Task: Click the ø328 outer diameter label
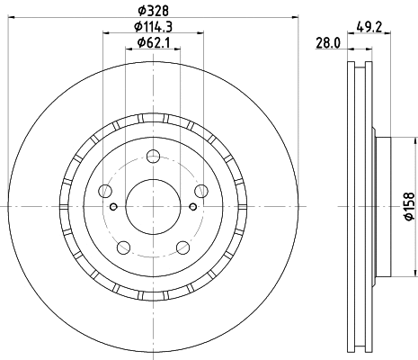coord(150,12)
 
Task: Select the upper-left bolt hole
coord(106,190)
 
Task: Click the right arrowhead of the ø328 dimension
coord(294,19)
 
